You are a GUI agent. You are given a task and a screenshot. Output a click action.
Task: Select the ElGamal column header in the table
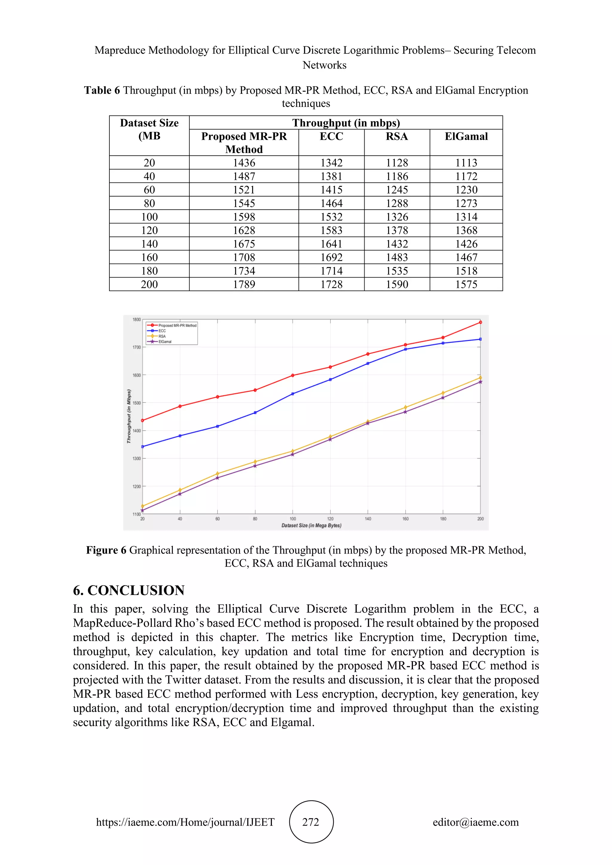tap(466, 137)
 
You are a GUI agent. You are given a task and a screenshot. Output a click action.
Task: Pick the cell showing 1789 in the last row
tap(244, 284)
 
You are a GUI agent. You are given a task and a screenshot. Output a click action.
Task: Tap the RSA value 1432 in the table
tap(397, 244)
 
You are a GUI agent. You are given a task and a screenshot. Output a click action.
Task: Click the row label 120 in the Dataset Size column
tap(149, 230)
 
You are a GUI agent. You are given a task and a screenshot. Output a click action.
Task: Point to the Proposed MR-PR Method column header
tap(244, 143)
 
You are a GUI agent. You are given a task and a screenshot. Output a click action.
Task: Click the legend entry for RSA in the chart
tap(162, 336)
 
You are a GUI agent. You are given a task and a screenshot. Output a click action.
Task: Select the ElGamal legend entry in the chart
tap(165, 342)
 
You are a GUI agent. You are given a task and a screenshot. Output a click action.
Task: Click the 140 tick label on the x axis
tap(368, 519)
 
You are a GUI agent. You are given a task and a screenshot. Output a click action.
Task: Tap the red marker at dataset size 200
tap(481, 322)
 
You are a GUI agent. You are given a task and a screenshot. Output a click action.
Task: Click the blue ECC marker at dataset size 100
tap(293, 394)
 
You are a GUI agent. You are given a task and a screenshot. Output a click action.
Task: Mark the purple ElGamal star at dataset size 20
tap(143, 510)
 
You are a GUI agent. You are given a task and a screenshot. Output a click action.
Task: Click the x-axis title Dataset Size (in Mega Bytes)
tap(311, 526)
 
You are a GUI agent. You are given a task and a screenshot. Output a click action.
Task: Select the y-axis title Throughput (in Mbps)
tap(128, 416)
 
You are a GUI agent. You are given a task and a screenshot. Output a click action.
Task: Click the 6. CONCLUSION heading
tap(128, 590)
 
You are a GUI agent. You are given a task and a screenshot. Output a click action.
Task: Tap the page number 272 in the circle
tap(311, 822)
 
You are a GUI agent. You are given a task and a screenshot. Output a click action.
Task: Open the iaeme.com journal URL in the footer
tap(185, 822)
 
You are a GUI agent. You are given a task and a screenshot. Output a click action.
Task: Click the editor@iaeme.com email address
tap(475, 822)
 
